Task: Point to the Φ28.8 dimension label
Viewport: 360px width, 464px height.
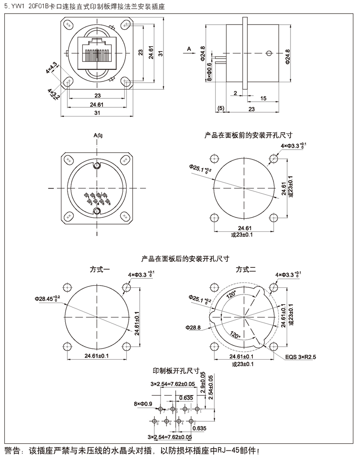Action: tap(193, 327)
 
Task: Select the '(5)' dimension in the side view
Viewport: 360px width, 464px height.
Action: tap(221, 109)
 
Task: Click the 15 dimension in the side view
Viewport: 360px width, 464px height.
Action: tap(263, 98)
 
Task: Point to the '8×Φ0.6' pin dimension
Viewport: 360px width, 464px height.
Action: tap(209, 72)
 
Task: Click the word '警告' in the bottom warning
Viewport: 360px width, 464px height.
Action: tap(13, 450)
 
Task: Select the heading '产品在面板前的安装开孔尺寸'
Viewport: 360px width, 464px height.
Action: tap(249, 136)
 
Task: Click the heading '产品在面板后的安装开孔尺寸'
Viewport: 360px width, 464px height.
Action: tap(185, 258)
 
